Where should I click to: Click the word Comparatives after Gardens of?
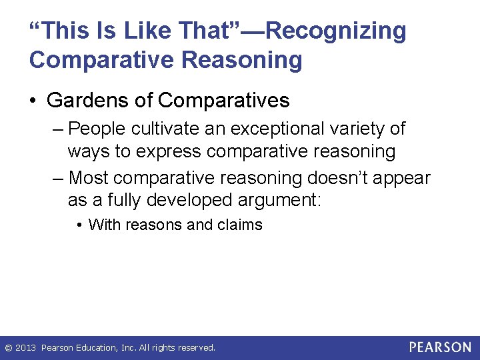pyautogui.click(x=223, y=101)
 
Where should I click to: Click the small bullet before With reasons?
pyautogui.click(x=80, y=225)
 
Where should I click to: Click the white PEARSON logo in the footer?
pyautogui.click(x=440, y=347)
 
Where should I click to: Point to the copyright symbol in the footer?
pyautogui.click(x=8, y=347)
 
